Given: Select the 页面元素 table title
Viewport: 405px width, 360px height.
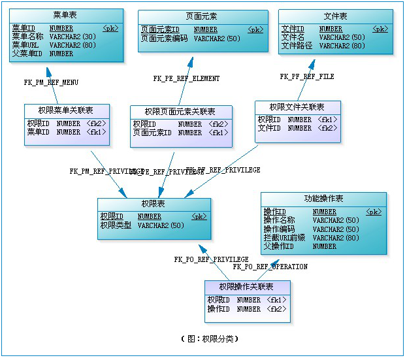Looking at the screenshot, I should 202,16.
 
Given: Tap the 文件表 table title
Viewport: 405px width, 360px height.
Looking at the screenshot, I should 335,16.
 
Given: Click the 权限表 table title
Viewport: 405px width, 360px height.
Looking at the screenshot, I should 154,205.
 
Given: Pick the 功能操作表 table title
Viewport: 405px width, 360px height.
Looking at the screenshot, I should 323,199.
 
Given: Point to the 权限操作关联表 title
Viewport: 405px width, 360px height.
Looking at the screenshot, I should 246,287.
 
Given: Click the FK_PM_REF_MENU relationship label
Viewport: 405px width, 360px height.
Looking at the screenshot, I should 51,82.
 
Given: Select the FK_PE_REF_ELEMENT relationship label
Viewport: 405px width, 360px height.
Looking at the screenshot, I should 186,78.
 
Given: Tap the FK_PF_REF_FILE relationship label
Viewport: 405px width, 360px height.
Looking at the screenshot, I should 307,76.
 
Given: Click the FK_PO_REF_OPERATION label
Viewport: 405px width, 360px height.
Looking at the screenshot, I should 270,267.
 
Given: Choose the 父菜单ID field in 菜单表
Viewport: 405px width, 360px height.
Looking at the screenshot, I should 27,54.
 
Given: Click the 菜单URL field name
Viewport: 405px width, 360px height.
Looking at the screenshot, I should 25,46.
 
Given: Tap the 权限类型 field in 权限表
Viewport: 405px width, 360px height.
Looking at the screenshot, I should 116,225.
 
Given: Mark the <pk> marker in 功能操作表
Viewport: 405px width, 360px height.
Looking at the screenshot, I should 374,212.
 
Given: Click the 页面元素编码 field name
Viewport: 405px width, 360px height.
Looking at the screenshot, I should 165,39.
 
